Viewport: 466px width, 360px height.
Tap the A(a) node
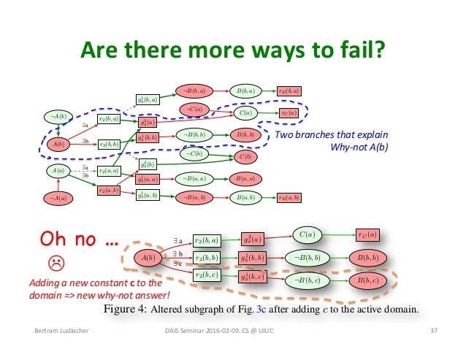pos(59,170)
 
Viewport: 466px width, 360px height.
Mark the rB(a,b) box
pos(289,197)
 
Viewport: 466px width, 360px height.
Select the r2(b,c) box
pos(208,275)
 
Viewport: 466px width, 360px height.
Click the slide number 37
pos(433,333)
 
